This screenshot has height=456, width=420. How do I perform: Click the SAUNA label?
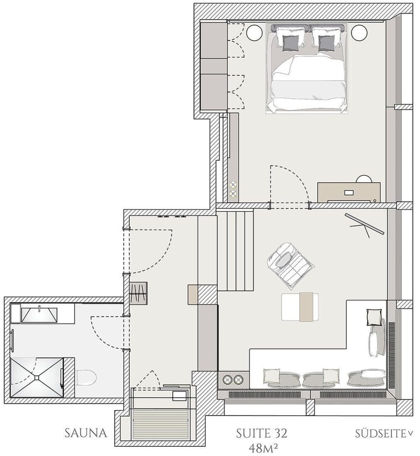point(86,433)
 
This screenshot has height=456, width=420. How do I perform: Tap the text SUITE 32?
point(261,434)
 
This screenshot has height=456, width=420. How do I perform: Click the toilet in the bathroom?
point(86,377)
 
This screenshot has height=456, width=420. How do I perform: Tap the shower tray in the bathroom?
point(37,377)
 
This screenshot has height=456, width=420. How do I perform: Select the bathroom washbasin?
point(39,315)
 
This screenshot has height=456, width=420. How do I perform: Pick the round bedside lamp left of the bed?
point(253,32)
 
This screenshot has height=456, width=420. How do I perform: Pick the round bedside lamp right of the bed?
point(359,32)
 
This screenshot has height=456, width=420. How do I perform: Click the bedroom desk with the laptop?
point(349,192)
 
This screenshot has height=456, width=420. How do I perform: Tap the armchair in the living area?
point(289,264)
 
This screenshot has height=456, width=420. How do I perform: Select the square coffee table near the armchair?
point(300,307)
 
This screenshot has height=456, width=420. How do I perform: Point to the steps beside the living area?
point(235,251)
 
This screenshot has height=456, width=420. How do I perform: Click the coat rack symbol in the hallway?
point(139,293)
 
